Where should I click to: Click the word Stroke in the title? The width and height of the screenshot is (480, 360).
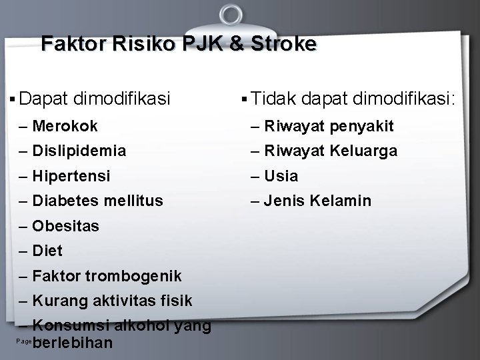click(x=281, y=45)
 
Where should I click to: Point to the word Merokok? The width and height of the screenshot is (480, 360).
click(x=65, y=126)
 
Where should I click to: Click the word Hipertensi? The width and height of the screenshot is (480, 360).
click(x=71, y=177)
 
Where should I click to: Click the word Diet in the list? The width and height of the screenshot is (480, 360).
click(x=47, y=251)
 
